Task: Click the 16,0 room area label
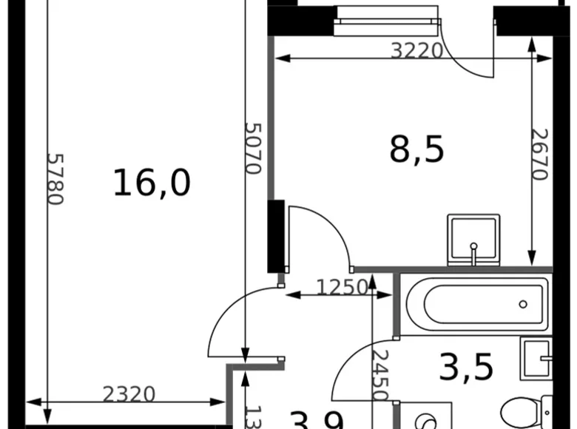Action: [152, 183]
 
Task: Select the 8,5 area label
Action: [416, 149]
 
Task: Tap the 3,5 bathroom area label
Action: [466, 367]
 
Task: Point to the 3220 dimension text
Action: [416, 50]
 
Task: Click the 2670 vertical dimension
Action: [540, 155]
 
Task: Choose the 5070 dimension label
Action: [253, 148]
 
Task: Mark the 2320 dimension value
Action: [129, 394]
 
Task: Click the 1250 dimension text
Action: [342, 287]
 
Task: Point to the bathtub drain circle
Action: [523, 304]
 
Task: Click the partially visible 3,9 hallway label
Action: [317, 420]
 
